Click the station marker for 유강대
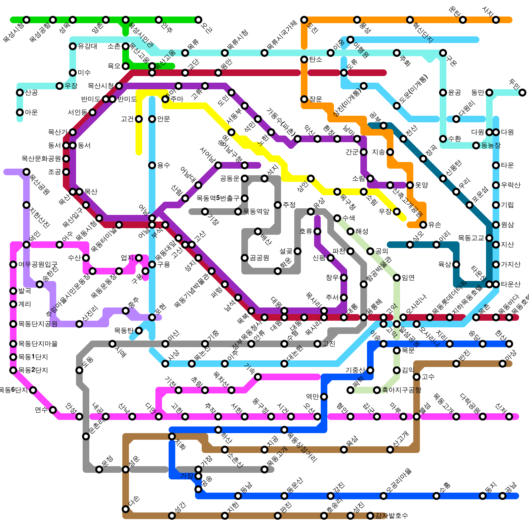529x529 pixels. click(73, 46)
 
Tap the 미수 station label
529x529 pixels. click(84, 73)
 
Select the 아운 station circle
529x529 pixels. click(20, 112)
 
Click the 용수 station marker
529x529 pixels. click(152, 165)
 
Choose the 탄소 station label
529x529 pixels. click(316, 60)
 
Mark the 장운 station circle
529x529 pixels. click(304, 99)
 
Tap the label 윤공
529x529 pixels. click(455, 93)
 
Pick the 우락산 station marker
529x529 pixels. click(496, 185)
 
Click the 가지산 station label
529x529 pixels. click(511, 264)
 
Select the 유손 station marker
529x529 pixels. click(423, 225)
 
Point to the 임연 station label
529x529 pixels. click(408, 278)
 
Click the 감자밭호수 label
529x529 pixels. click(392, 516)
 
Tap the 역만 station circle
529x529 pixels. click(324, 397)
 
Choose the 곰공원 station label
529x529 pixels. click(260, 258)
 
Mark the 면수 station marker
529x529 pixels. click(53, 410)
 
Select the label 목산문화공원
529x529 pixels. click(41, 159)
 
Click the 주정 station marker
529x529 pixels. click(278, 205)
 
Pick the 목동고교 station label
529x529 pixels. click(471, 238)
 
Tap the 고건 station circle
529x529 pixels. click(139, 119)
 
